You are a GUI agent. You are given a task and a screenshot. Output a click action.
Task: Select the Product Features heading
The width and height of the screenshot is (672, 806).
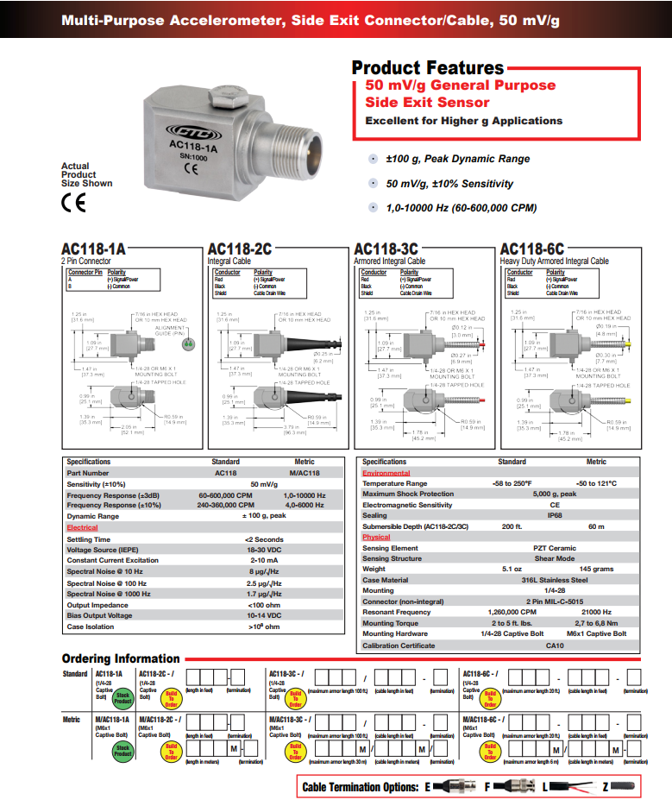(x=427, y=67)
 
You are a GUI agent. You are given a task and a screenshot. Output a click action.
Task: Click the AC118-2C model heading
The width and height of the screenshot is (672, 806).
(x=239, y=249)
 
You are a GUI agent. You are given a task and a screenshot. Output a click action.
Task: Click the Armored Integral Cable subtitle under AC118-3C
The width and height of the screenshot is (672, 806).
(x=389, y=261)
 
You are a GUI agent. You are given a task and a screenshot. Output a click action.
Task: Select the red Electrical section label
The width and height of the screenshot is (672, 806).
(x=83, y=527)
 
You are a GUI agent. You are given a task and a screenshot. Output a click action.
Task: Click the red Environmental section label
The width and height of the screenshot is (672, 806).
(x=386, y=473)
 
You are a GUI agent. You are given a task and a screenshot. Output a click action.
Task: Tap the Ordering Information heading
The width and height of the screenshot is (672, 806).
(x=121, y=658)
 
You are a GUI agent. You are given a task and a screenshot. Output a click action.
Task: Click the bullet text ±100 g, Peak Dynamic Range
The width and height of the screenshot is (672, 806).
(x=457, y=159)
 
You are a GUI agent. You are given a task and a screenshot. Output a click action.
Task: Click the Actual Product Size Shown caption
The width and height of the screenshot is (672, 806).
(x=86, y=174)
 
